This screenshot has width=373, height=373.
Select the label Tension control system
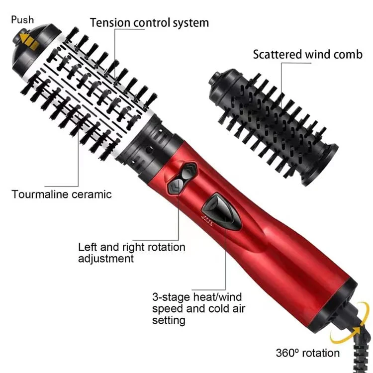(x=149, y=22)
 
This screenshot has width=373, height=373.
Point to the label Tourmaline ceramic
(x=62, y=194)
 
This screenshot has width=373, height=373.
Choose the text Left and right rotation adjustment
(x=132, y=253)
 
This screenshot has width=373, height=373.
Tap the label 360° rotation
(x=308, y=353)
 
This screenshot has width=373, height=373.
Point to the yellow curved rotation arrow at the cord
(x=354, y=328)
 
